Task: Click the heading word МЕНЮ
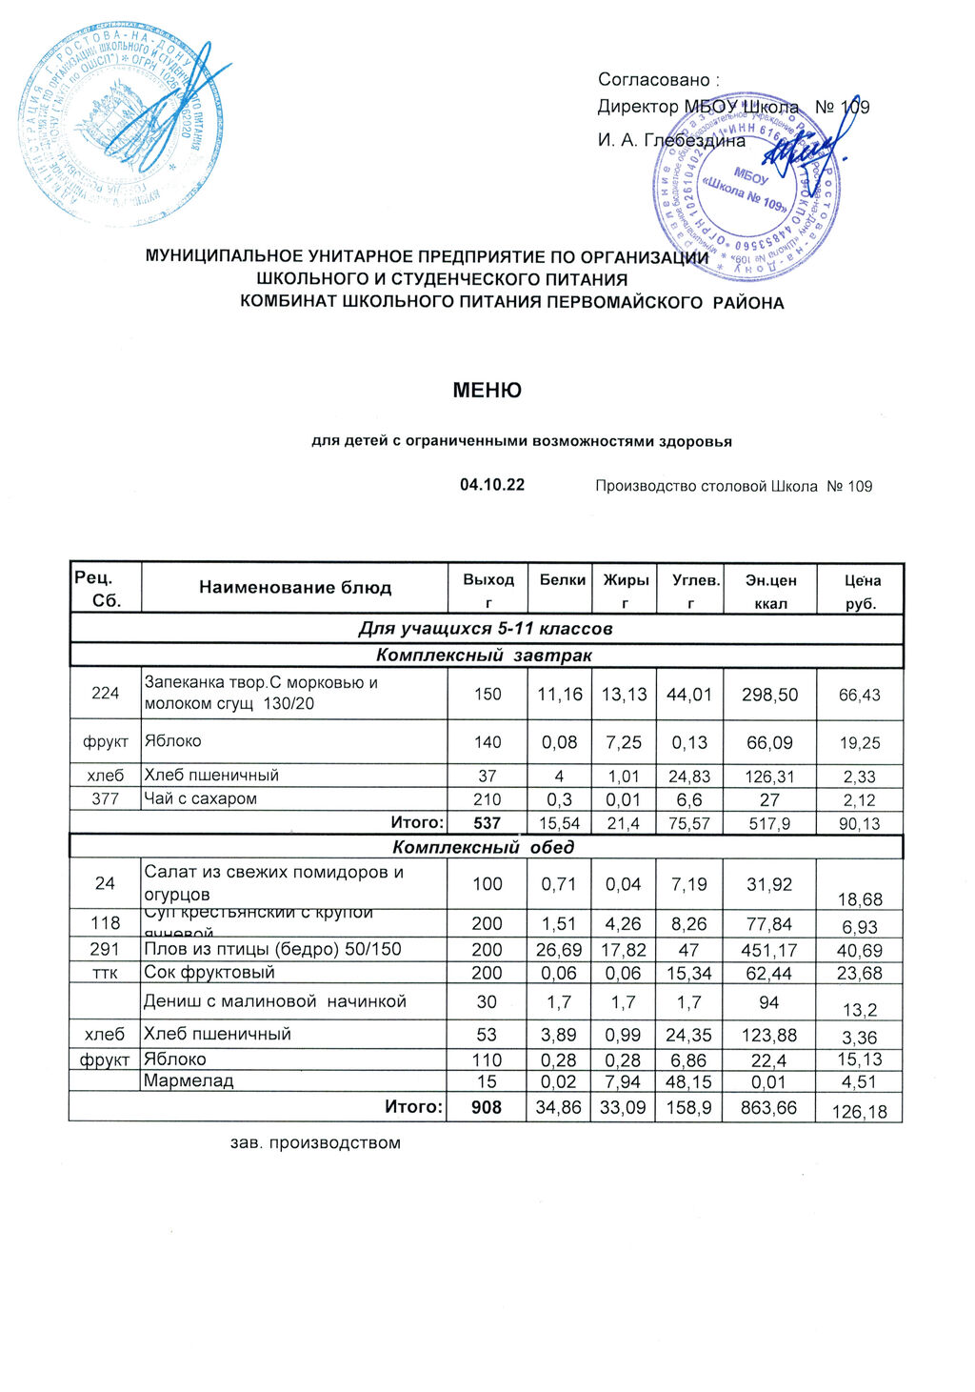(487, 391)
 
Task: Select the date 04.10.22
(492, 485)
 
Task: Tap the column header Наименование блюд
(295, 587)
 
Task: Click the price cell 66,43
(859, 696)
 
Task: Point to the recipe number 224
(105, 693)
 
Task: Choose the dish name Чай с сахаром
(200, 798)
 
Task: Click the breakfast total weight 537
(487, 822)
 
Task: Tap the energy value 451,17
(768, 950)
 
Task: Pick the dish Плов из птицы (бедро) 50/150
(272, 949)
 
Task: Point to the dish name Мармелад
(189, 1080)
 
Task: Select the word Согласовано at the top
(654, 80)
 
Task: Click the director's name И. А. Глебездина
(671, 141)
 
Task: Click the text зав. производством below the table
(315, 1142)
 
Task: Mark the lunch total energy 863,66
(768, 1107)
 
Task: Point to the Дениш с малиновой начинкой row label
(274, 1000)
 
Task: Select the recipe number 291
(105, 949)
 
